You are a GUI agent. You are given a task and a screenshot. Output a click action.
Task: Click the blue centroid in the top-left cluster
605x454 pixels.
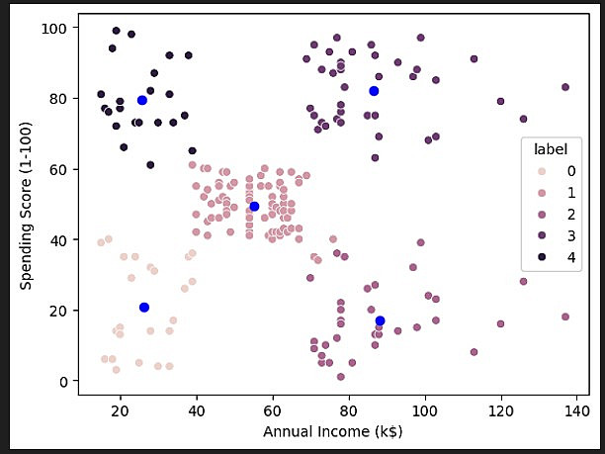point(142,100)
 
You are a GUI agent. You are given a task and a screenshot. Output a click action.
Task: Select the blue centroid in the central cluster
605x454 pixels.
point(254,206)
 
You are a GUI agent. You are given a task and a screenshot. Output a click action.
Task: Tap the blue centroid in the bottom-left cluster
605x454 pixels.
point(144,307)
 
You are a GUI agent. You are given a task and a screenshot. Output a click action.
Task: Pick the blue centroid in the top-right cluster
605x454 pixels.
point(375,91)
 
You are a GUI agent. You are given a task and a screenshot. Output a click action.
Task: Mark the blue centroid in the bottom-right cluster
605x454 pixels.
point(380,320)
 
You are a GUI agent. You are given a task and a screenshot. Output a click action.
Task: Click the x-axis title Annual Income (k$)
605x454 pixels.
point(332,432)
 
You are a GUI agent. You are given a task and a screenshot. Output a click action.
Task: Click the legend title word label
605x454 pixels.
point(550,149)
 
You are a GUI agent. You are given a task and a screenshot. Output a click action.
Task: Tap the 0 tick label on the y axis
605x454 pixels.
point(64,381)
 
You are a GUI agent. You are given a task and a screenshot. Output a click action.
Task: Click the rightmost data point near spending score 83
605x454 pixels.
point(565,87)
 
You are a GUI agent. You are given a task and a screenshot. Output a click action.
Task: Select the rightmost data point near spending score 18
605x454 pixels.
point(565,317)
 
